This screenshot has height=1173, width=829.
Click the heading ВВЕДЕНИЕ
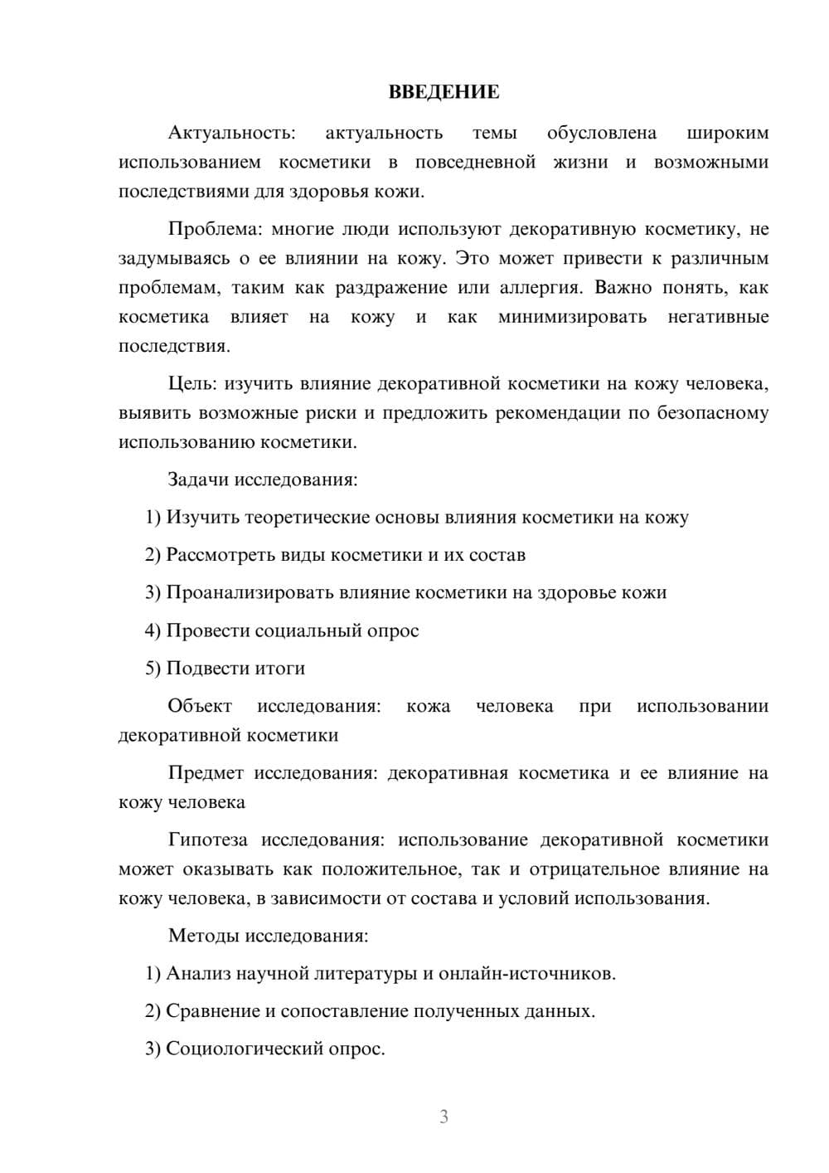(444, 92)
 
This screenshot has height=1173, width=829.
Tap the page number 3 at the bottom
(444, 1117)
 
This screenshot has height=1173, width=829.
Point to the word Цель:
(193, 383)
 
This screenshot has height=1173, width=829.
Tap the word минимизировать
(572, 317)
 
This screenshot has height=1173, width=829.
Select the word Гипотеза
(207, 840)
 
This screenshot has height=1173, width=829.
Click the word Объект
(200, 706)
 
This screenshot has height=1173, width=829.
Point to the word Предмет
(206, 773)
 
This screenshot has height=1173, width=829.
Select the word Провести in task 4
(207, 630)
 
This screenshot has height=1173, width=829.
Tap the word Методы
(204, 936)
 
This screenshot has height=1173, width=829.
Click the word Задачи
(199, 479)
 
